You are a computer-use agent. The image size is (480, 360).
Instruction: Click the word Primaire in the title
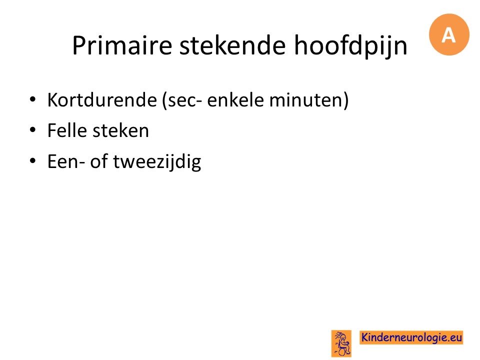[122, 45]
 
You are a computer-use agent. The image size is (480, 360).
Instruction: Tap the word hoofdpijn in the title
[351, 46]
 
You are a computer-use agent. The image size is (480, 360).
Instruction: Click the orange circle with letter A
[449, 34]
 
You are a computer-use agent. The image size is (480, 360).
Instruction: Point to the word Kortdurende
[102, 100]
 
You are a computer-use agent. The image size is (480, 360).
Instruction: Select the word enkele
[235, 100]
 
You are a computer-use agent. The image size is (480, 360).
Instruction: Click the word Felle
[67, 130]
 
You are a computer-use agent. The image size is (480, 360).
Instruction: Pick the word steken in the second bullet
[121, 130]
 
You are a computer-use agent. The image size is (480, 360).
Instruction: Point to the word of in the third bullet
[98, 161]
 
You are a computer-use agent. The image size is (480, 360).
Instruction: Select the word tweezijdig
[157, 162]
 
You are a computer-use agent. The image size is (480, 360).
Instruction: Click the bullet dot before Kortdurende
[33, 99]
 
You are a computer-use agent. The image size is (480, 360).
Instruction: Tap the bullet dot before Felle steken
[33, 130]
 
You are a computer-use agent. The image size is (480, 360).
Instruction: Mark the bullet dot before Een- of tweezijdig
[33, 160]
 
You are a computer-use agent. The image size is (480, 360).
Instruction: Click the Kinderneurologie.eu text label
[411, 337]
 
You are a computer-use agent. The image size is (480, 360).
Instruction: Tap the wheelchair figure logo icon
[341, 343]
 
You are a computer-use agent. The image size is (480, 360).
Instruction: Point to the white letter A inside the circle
[448, 35]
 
